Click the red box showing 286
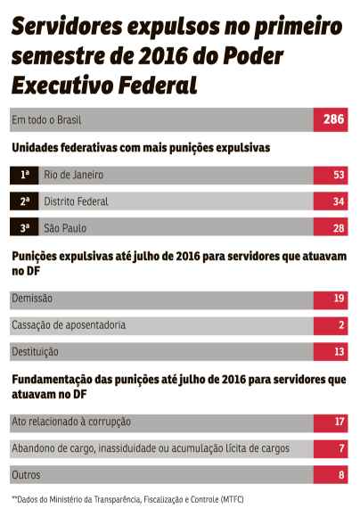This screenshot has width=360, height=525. (331, 120)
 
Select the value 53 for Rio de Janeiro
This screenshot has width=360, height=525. (331, 175)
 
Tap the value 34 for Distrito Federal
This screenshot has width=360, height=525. (331, 201)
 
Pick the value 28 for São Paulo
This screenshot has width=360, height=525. (331, 228)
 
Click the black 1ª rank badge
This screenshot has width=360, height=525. (25, 175)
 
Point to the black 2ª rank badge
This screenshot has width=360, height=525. (25, 201)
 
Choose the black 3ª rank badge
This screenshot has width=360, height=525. (25, 228)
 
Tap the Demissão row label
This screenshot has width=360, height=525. (32, 299)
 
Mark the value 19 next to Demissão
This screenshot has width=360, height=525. (331, 299)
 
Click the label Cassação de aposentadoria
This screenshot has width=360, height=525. (68, 325)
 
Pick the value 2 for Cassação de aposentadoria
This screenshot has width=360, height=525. (331, 325)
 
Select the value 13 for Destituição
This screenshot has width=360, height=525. (331, 352)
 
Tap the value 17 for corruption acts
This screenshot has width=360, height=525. (331, 422)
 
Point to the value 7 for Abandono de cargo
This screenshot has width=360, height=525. (331, 448)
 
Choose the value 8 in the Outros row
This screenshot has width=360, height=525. (331, 475)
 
